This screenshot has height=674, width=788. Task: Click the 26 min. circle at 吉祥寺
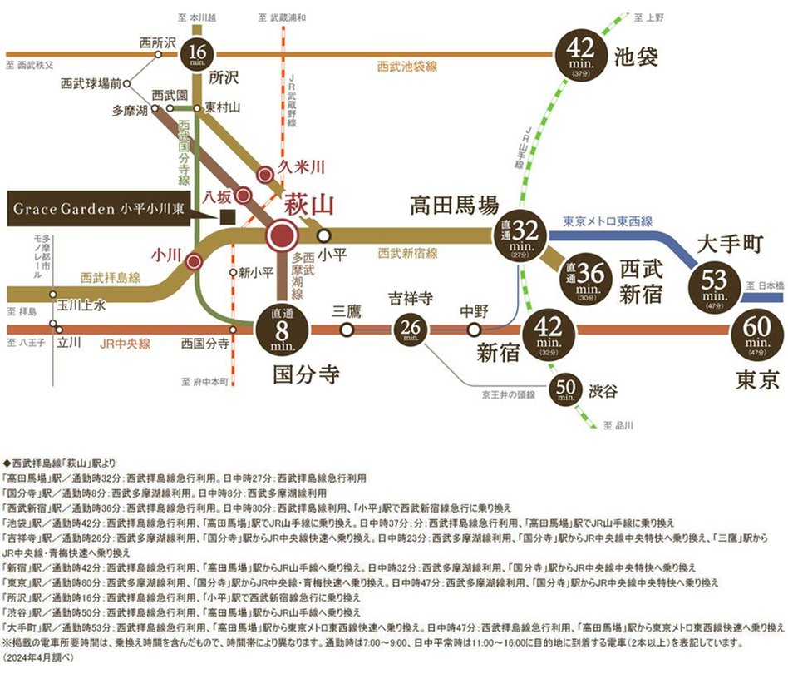(410, 330)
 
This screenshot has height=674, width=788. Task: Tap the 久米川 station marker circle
(264, 175)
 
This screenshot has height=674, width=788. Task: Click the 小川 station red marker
(195, 261)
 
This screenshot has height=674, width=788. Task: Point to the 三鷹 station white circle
(347, 330)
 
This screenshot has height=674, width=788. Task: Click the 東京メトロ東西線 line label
(608, 222)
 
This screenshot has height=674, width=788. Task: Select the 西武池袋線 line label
(406, 66)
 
